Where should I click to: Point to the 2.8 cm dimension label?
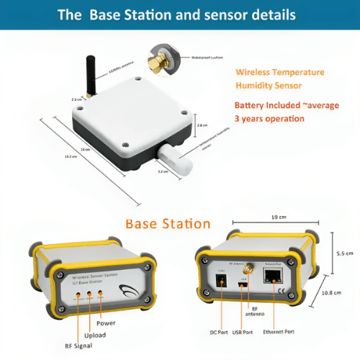(202, 125)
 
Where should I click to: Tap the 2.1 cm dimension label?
(76, 99)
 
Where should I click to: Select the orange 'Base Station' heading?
(168, 224)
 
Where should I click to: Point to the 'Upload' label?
(95, 335)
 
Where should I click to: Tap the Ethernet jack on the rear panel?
(274, 277)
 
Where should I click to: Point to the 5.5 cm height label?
(344, 253)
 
